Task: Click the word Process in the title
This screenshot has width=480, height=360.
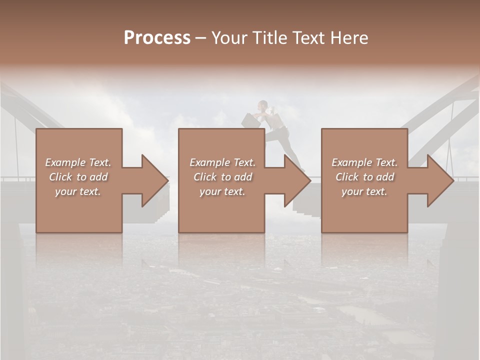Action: (157, 38)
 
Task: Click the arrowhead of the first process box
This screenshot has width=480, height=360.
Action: (154, 180)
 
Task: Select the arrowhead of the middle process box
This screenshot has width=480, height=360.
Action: (296, 180)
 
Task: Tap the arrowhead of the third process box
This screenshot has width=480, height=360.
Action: (439, 180)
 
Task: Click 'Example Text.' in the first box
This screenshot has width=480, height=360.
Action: (78, 162)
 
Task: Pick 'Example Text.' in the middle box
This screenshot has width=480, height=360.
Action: (222, 162)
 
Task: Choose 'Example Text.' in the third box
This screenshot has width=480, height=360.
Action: (364, 162)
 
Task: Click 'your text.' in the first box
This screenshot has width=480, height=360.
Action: (78, 191)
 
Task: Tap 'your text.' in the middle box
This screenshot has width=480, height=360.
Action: (222, 191)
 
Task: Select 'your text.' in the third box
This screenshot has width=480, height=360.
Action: (364, 191)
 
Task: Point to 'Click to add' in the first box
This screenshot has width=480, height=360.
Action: (78, 177)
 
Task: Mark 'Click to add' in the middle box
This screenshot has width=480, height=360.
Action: (222, 177)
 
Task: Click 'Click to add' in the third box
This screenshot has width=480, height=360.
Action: (364, 177)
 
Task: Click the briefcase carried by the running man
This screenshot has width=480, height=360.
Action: (248, 120)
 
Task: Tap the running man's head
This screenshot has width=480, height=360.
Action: (263, 105)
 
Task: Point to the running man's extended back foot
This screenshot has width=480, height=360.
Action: (301, 169)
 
